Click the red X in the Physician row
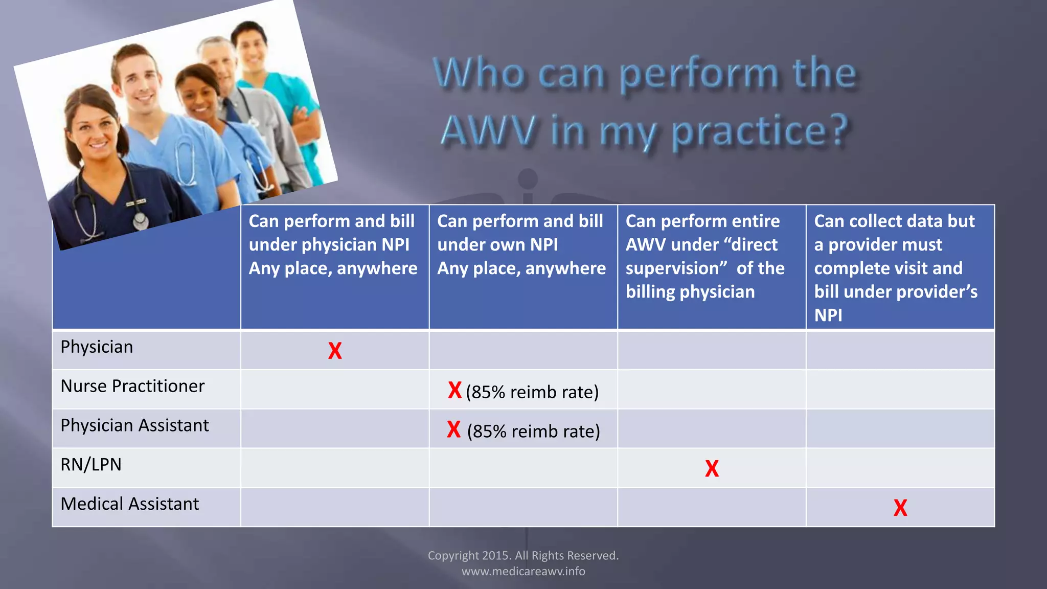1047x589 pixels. point(335,351)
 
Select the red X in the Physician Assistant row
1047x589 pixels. point(453,429)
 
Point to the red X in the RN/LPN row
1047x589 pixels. point(712,468)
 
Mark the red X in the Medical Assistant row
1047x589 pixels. point(900,508)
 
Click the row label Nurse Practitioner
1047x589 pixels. point(132,386)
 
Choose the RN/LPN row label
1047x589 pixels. point(91,465)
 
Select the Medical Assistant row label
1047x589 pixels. point(130,504)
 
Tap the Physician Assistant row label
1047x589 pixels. point(134,425)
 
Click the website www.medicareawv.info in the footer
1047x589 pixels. point(523,571)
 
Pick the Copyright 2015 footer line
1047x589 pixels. point(523,555)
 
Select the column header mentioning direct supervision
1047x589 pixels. point(705,256)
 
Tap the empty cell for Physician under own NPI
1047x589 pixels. point(523,350)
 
